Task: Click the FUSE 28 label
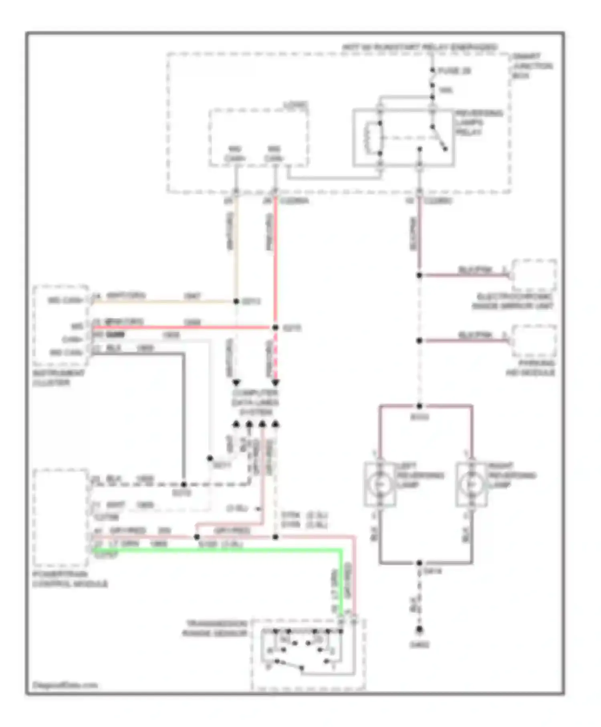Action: [454, 71]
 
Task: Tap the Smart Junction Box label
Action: [532, 66]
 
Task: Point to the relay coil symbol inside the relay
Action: [368, 138]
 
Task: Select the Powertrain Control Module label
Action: [70, 579]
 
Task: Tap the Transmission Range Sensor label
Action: [215, 629]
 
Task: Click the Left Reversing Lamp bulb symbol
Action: [379, 484]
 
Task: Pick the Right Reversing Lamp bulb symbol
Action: [471, 484]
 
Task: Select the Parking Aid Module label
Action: [530, 368]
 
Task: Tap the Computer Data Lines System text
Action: [255, 402]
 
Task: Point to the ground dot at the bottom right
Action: [419, 630]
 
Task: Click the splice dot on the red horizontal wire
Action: [275, 327]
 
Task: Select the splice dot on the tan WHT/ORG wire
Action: [236, 301]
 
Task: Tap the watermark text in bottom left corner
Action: [65, 685]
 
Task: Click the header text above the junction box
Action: [419, 47]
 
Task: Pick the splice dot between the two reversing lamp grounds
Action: [419, 563]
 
